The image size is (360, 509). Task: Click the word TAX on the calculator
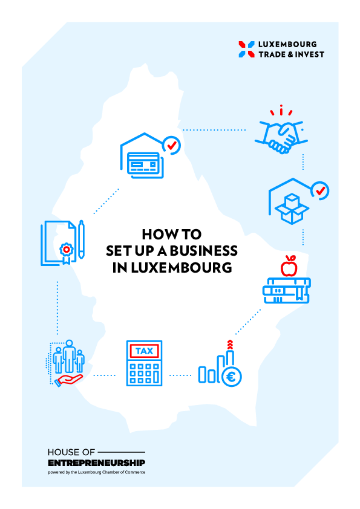[x=144, y=351]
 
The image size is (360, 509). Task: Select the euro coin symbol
[x=231, y=377]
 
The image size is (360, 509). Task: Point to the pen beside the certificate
[x=81, y=239]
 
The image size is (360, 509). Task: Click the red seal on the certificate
[x=67, y=249]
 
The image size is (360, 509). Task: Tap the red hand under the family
[x=69, y=380]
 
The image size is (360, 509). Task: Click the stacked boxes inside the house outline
[x=292, y=209]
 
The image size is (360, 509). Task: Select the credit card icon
[x=145, y=165]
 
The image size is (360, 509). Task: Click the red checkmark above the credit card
[x=172, y=145]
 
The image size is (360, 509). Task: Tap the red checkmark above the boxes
[x=321, y=190]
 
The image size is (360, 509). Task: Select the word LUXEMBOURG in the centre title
[x=182, y=268]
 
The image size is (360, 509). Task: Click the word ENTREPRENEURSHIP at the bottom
[x=96, y=462]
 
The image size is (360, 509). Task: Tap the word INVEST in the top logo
[x=310, y=54]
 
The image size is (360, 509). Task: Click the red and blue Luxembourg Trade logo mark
[x=247, y=50]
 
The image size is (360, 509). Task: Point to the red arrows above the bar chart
[x=230, y=345]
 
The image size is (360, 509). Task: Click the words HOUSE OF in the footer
[x=71, y=452]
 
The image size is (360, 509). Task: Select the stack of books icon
[x=287, y=290]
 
